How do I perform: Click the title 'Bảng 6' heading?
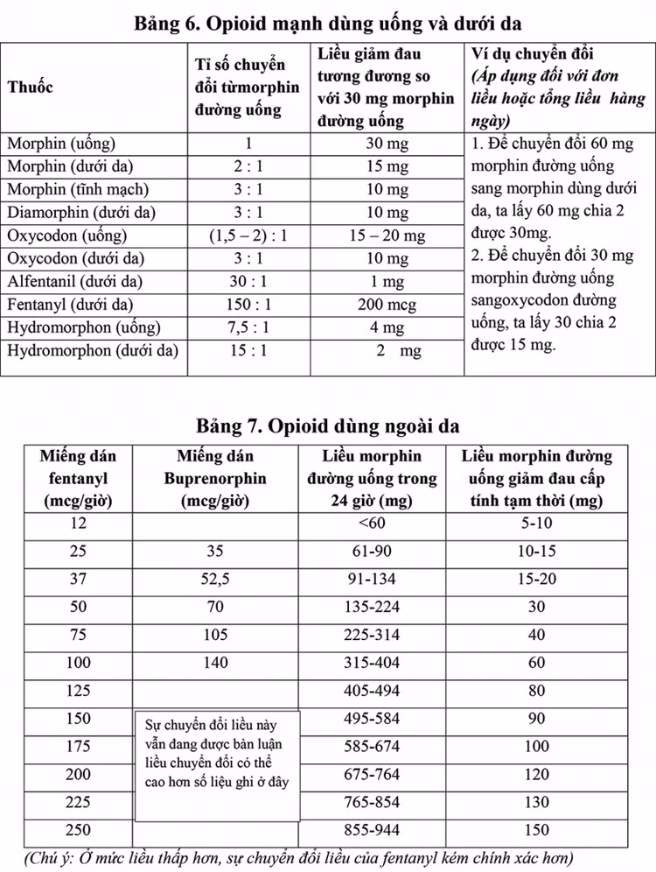point(327,22)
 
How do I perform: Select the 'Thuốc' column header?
point(31,88)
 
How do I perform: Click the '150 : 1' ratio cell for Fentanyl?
point(248,306)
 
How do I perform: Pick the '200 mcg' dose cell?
point(386,306)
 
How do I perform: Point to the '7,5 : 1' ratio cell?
point(248,328)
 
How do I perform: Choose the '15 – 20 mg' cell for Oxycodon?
point(386,236)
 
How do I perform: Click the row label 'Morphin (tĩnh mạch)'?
point(78,189)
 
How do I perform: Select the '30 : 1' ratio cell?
point(248,282)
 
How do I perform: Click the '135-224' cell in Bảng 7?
point(372,607)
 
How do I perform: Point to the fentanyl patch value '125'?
point(78,691)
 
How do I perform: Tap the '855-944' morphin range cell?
point(372,829)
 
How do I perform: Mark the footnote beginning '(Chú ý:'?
point(297,855)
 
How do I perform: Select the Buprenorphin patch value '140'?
point(214,663)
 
